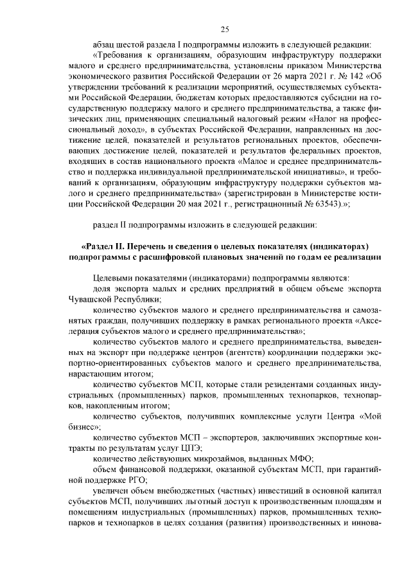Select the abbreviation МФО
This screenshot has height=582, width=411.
[x=300, y=459]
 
